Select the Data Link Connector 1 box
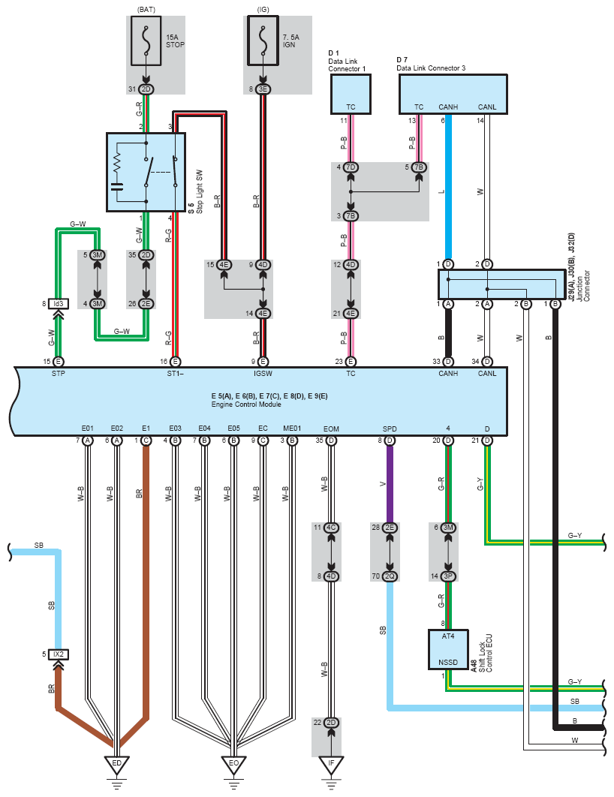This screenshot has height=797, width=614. pos(351,95)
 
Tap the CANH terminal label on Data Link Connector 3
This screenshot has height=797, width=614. pos(448,107)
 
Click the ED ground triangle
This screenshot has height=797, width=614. pos(116,763)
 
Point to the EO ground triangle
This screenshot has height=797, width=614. pos(233,763)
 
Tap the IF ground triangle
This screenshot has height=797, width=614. pos(331,763)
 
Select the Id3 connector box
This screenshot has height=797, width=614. pos(58,303)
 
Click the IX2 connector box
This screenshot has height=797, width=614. pos(58,654)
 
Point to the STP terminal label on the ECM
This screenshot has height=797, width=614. pos(58,373)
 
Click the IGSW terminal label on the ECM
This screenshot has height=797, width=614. pos(262,373)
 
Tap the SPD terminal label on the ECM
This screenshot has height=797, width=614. pos(390,429)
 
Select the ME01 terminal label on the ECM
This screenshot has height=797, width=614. pos(292,429)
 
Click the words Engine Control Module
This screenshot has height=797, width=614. pos(246,405)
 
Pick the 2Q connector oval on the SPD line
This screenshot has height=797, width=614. pos(390,576)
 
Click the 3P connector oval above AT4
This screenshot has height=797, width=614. pos(448,576)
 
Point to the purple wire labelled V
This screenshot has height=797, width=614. pos(390,484)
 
